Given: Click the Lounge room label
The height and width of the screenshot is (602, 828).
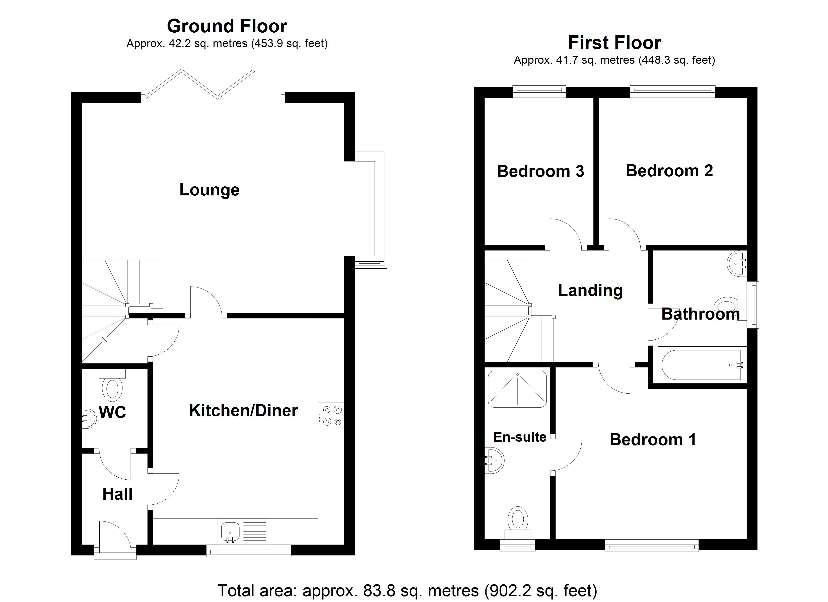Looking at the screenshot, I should [209, 190].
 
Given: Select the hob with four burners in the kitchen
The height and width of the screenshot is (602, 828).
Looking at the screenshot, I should [331, 415].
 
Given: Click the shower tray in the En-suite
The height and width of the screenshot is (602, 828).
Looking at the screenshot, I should [517, 389].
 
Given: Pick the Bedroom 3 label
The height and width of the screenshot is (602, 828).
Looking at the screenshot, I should [540, 171].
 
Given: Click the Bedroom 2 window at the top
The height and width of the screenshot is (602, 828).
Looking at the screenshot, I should [672, 91].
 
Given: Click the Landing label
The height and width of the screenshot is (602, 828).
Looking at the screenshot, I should [590, 291].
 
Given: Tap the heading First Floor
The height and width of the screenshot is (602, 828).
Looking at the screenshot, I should [614, 43].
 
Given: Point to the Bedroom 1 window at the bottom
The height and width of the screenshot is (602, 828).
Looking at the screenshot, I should [652, 547].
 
